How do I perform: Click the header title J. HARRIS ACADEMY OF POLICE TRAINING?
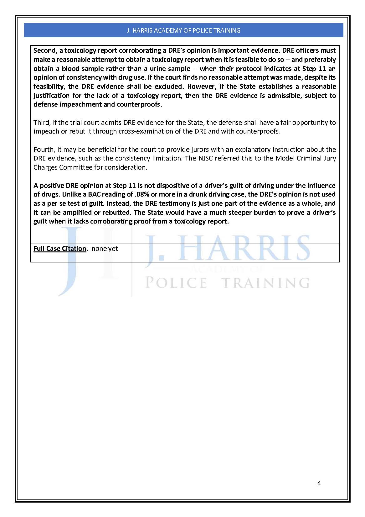click(183, 30)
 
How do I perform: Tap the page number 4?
click(319, 483)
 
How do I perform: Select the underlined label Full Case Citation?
click(59, 249)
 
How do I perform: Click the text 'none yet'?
click(105, 249)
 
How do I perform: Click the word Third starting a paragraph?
click(41, 122)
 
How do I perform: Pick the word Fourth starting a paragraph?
click(44, 149)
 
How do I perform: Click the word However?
click(200, 87)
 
